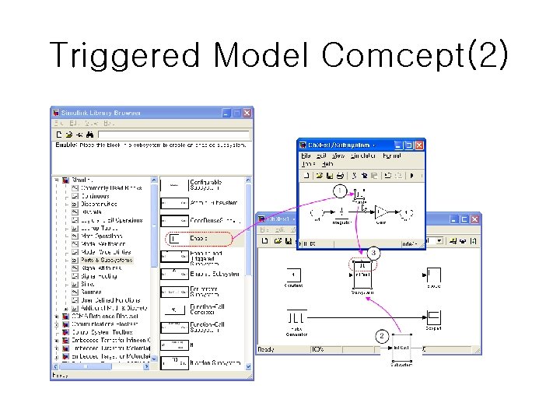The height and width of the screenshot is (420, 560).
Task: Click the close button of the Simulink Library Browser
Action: click(x=247, y=113)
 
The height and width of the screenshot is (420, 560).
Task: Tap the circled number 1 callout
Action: click(x=339, y=191)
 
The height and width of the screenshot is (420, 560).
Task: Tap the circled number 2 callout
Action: click(x=382, y=337)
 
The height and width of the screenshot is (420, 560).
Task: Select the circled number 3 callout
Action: click(x=374, y=253)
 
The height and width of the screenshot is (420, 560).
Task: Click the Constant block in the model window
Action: click(x=293, y=275)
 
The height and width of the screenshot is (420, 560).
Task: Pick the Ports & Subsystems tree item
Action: click(x=107, y=260)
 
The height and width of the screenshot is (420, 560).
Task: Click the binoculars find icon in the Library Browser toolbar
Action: click(x=89, y=135)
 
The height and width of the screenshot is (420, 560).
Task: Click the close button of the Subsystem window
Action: click(x=419, y=145)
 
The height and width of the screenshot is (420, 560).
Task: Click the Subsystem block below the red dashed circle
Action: click(x=362, y=275)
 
